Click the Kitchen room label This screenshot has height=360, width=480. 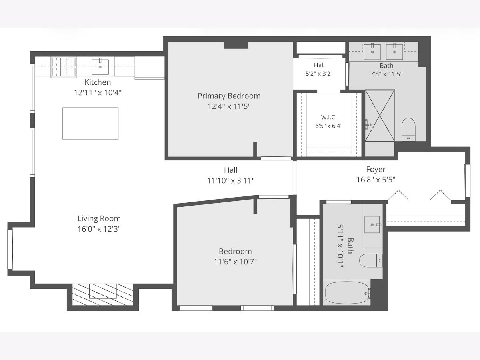point(98,82)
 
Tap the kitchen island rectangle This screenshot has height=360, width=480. point(90,123)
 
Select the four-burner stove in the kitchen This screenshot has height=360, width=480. point(64,67)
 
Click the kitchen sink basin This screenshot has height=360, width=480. point(100,67)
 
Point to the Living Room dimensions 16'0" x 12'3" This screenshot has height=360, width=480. point(99,229)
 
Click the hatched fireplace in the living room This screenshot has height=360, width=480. point(102,294)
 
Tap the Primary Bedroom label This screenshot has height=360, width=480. point(229,96)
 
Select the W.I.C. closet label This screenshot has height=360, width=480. point(329,117)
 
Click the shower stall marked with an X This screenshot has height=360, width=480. point(380,115)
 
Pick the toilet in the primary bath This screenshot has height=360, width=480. point(408,130)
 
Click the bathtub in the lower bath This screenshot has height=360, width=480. point(348,293)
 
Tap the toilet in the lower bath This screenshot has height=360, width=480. point(371,260)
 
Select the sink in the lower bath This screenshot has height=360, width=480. point(372,224)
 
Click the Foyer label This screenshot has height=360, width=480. point(376,169)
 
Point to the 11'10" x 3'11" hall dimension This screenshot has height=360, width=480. point(230,181)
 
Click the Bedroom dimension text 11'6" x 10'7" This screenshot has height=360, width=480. point(235,262)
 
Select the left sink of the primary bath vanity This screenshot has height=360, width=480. point(372,52)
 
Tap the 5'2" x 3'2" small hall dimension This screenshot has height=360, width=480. point(319,74)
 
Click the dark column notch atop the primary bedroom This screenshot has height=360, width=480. point(236,45)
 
